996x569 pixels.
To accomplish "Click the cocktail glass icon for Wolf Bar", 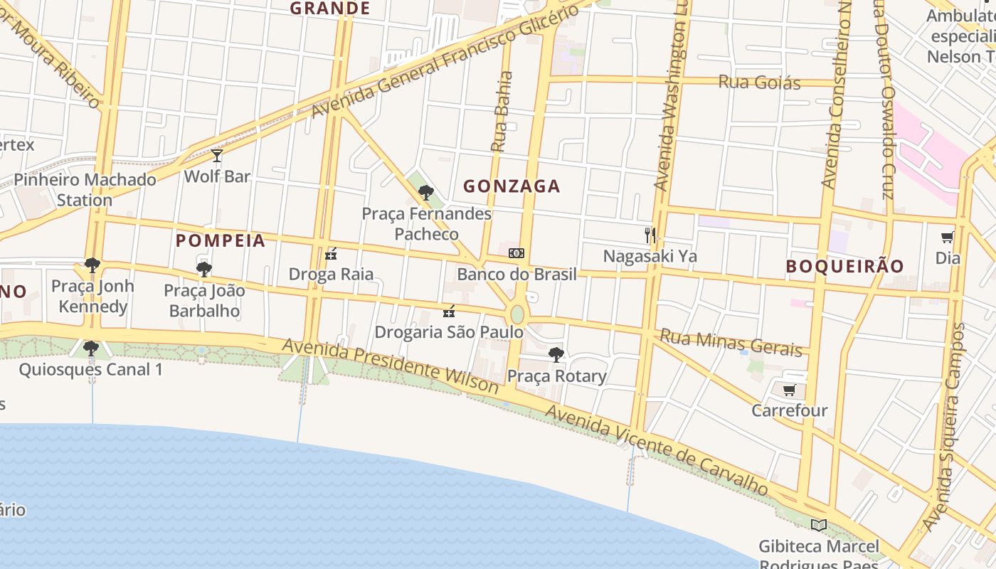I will pyautogui.click(x=217, y=155).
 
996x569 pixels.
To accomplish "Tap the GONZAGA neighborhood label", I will pyautogui.click(x=512, y=186).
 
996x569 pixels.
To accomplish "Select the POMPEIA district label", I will pyautogui.click(x=221, y=240).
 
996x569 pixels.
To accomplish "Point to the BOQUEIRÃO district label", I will pyautogui.click(x=844, y=266).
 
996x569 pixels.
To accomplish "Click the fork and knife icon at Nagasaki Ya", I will pyautogui.click(x=650, y=235).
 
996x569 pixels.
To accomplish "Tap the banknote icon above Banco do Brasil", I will pyautogui.click(x=516, y=253).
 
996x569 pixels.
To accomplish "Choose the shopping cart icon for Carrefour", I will pyautogui.click(x=789, y=390).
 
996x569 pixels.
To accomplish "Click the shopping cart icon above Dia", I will pyautogui.click(x=947, y=238).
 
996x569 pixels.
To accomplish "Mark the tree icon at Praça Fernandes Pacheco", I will pyautogui.click(x=426, y=192).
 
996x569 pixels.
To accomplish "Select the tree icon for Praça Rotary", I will pyautogui.click(x=556, y=354).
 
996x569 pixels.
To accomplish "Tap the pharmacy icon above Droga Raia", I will pyautogui.click(x=330, y=253).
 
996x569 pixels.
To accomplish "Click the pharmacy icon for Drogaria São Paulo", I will pyautogui.click(x=448, y=311).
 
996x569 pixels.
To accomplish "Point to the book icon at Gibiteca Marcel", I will pyautogui.click(x=819, y=525).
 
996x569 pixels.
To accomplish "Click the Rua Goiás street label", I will pyautogui.click(x=759, y=83).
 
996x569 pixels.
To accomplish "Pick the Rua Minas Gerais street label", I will pyautogui.click(x=731, y=342).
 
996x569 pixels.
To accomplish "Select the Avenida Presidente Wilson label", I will pyautogui.click(x=391, y=366).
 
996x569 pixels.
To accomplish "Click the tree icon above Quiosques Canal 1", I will pyautogui.click(x=90, y=348).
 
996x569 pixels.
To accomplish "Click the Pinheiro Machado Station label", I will pyautogui.click(x=85, y=189).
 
